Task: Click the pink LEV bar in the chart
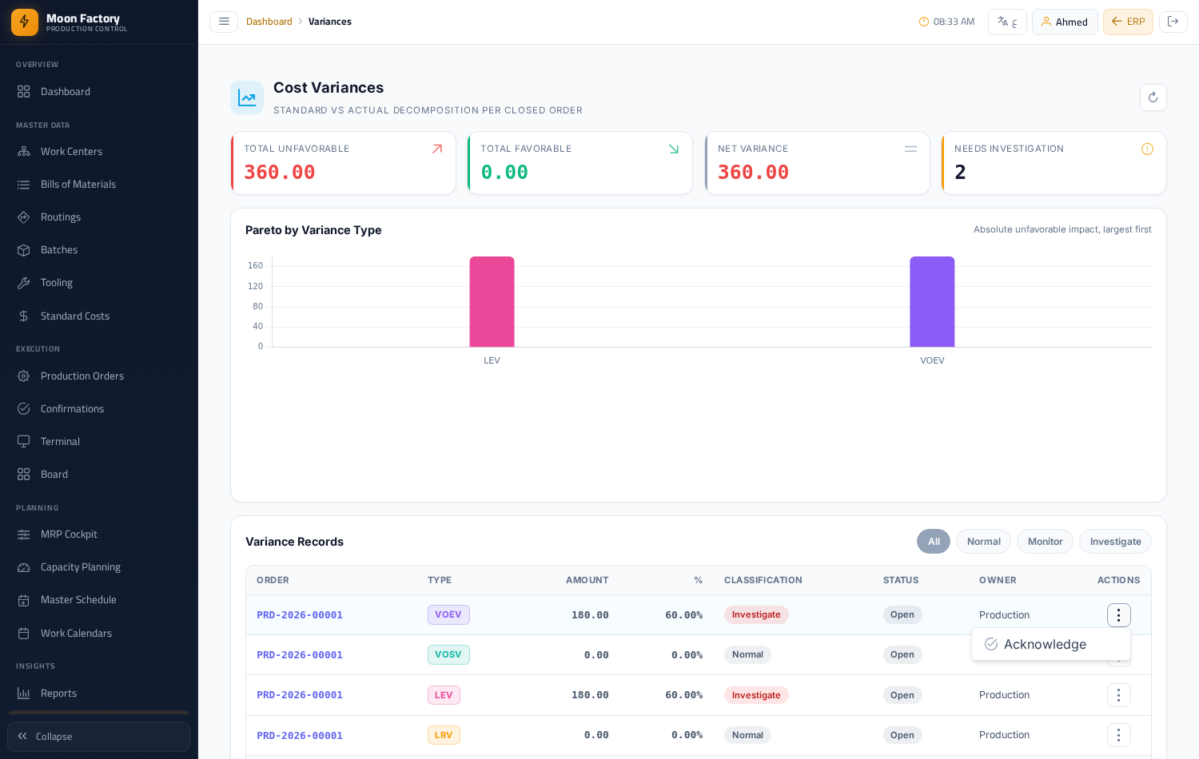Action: [x=492, y=302]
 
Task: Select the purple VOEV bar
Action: [x=932, y=302]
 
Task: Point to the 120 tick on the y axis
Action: [x=255, y=286]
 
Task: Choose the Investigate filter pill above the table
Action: [x=1115, y=542]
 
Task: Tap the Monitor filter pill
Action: [x=1045, y=542]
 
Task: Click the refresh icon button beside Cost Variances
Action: [x=1153, y=97]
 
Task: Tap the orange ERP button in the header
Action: [x=1128, y=22]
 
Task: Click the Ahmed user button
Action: [x=1065, y=22]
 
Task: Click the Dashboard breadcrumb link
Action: [x=269, y=22]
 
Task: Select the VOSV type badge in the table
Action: [x=448, y=654]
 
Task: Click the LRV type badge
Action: [x=443, y=735]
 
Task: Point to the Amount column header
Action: [x=587, y=580]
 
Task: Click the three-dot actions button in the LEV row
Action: [x=1118, y=695]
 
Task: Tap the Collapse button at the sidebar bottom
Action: [x=99, y=737]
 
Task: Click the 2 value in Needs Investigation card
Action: [x=960, y=173]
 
